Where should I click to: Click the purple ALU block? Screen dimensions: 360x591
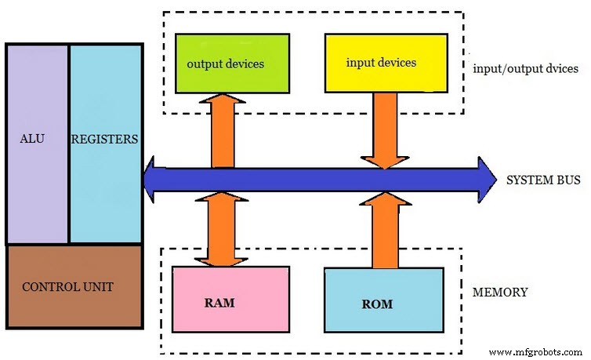[x=37, y=180]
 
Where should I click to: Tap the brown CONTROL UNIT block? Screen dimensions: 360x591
[x=74, y=286]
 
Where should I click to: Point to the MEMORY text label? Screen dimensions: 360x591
[x=500, y=293]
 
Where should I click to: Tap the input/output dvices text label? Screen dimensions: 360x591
[x=525, y=68]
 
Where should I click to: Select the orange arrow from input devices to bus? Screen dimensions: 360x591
[x=383, y=129]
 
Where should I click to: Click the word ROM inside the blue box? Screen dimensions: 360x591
[x=378, y=304]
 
